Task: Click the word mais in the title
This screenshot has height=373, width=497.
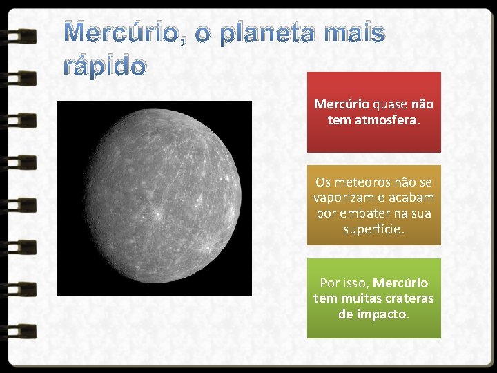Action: click(351, 32)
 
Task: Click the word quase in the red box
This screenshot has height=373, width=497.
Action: click(390, 104)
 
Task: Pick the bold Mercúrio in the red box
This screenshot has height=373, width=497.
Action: click(342, 104)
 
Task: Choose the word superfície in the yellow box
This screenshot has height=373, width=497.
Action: click(373, 229)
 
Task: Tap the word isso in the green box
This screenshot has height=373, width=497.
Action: click(355, 283)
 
